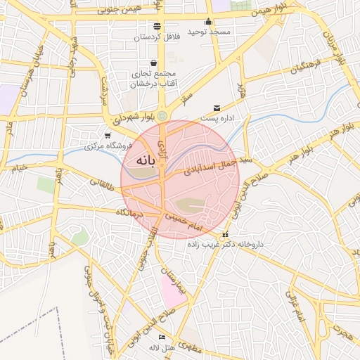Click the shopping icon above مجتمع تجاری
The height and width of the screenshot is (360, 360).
pos(153,63)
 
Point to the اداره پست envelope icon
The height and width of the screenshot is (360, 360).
pos(217,108)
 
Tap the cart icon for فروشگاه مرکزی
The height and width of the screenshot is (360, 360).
pos(107,136)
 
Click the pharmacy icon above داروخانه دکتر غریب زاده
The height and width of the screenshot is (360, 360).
pos(225,235)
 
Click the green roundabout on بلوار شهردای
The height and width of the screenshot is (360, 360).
pos(163,115)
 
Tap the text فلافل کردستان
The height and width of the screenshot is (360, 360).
pos(161,35)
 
